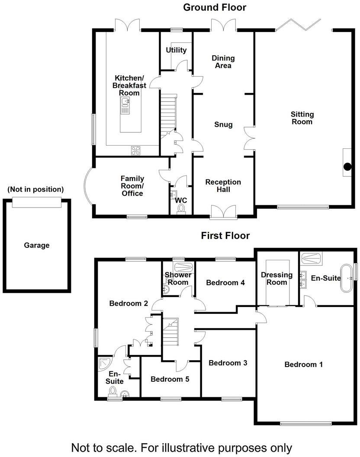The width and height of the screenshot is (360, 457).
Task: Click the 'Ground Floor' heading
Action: coord(214,7)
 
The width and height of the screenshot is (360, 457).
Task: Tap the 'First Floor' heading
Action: coord(225,236)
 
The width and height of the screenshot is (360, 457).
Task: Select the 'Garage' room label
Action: coord(36,245)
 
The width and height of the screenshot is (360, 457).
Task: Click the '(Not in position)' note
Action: coord(35,189)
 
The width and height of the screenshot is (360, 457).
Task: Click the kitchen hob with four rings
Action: coord(136,150)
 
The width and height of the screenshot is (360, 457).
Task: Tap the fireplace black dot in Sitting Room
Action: coord(347,166)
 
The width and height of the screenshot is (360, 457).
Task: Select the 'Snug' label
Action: coord(223,125)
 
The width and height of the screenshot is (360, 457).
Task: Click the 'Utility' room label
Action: coord(176,50)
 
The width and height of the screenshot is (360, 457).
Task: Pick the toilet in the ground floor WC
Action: coord(181,209)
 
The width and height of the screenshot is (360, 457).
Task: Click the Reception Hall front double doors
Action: coord(223,211)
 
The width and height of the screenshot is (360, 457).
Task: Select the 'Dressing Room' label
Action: coord(276,278)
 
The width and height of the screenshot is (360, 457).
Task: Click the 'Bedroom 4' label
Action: coord(225,283)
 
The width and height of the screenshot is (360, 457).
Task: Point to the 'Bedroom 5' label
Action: coord(170,379)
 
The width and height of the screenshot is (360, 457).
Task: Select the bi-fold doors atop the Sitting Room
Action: coord(299,25)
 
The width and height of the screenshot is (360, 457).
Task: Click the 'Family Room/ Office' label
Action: coord(132,186)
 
